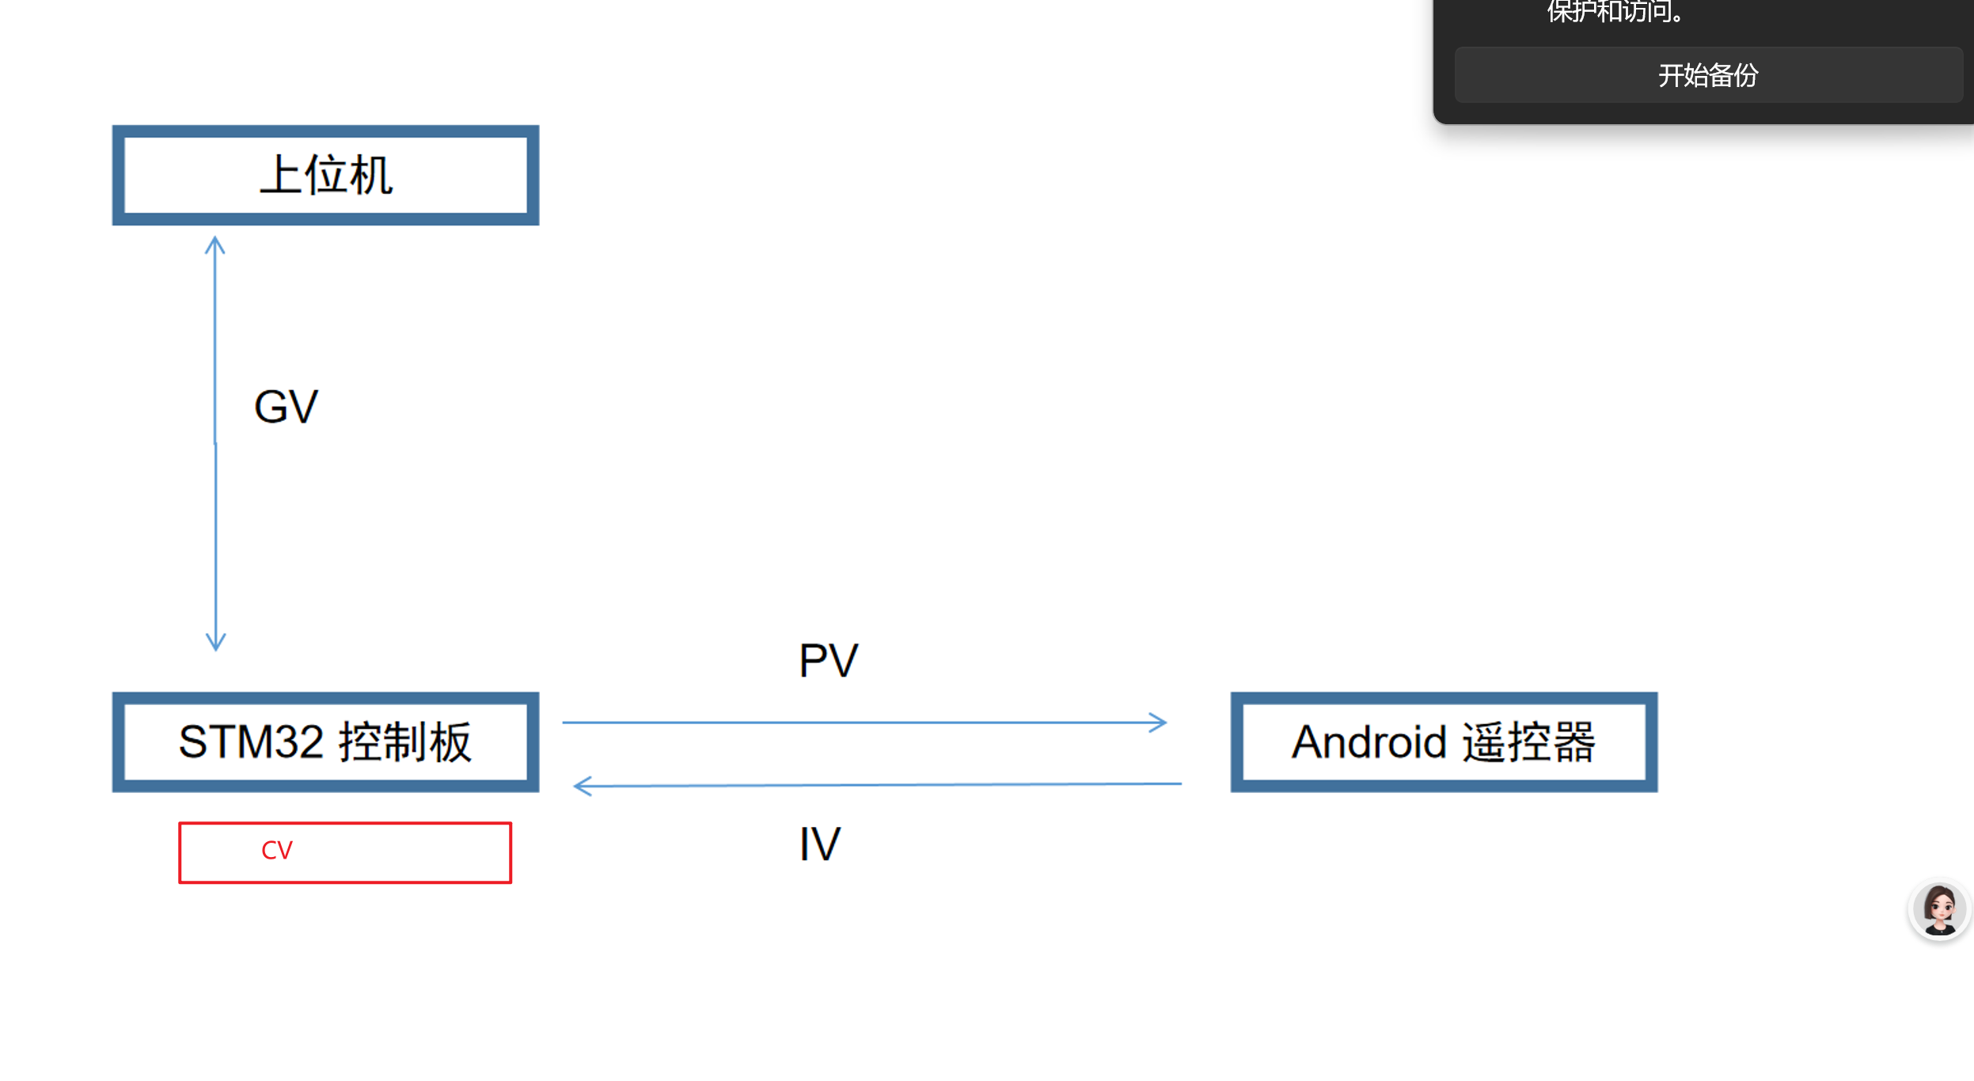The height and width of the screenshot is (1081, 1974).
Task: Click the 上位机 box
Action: point(325,175)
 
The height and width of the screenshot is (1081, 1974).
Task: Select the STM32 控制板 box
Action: point(325,742)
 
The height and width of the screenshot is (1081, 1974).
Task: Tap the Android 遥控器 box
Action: point(1444,742)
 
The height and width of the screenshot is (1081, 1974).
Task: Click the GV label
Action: point(286,407)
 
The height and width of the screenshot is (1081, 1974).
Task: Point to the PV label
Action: point(828,661)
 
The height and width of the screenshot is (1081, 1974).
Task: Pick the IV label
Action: point(819,844)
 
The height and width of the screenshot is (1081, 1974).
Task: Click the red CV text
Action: point(277,851)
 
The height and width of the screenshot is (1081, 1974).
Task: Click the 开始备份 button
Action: point(1708,75)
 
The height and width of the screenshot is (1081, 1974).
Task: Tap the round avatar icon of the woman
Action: point(1939,910)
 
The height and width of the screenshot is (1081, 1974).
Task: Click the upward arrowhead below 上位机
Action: point(215,245)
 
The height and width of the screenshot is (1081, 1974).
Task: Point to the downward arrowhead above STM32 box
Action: point(216,641)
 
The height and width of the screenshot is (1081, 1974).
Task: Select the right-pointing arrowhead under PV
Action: point(1159,722)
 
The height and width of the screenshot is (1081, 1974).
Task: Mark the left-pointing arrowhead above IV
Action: point(583,786)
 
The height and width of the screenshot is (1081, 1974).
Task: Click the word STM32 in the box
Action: point(251,742)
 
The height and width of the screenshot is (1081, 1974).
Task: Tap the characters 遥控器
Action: point(1528,742)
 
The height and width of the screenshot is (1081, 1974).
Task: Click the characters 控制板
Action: point(405,742)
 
